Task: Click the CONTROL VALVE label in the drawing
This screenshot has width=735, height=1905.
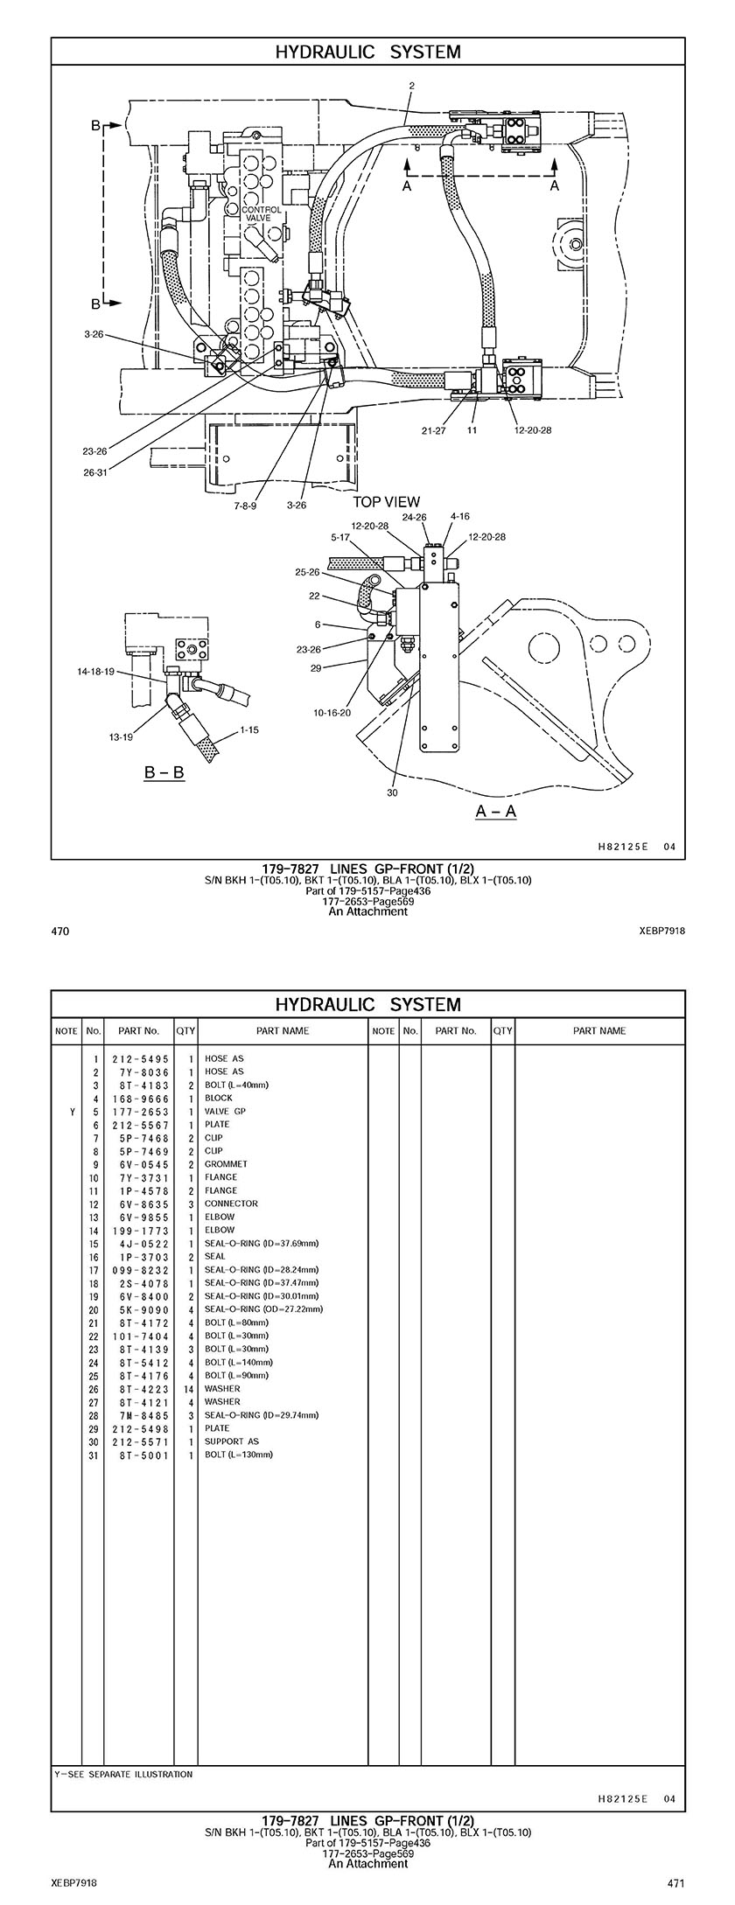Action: (262, 214)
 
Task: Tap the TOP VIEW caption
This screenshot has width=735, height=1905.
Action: (386, 502)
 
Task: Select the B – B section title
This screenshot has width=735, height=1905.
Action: (164, 773)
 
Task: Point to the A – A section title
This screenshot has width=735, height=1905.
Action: (496, 811)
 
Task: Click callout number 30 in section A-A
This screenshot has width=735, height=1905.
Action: (392, 793)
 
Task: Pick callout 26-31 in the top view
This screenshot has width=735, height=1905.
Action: (94, 473)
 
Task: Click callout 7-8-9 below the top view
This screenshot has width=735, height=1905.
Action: (245, 506)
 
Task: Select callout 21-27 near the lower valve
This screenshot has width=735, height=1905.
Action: (433, 430)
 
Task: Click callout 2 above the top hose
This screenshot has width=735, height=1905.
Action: (411, 86)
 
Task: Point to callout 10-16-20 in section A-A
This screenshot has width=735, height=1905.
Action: (332, 713)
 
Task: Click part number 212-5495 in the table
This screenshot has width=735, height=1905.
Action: (140, 1058)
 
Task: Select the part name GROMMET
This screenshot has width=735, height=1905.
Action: (226, 1164)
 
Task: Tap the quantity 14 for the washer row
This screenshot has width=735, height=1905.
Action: (187, 1388)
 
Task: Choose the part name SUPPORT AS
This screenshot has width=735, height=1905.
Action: (232, 1441)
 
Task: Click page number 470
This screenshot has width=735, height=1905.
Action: (60, 931)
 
